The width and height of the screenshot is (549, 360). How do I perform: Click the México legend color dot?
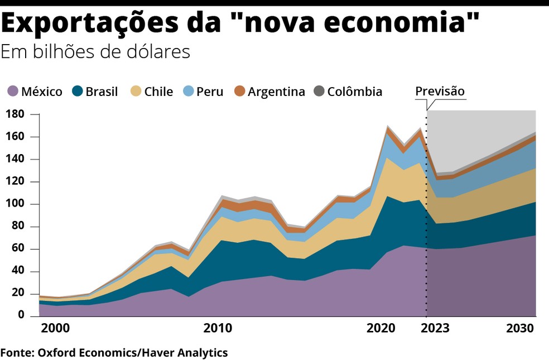pos(13,92)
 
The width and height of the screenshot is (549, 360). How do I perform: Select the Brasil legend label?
pos(102,92)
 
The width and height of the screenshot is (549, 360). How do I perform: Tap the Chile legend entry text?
pos(158,92)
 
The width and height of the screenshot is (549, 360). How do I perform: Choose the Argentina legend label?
pos(277,92)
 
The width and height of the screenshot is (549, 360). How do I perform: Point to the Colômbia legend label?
pos(354,92)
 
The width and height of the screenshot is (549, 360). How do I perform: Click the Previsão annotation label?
pos(440,91)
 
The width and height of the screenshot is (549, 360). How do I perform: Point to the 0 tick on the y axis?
pos(21,316)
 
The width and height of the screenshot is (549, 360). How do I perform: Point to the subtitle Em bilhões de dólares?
pos(95,51)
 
